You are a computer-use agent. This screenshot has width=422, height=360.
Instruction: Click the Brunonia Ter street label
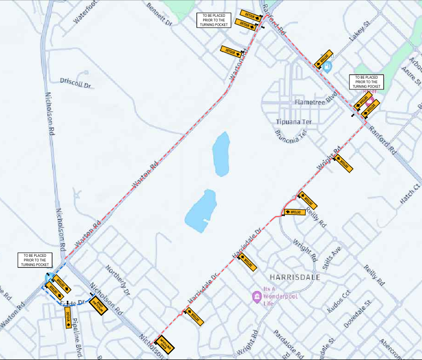pyautogui.click(x=289, y=135)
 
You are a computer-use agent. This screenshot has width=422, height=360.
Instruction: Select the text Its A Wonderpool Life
pyautogui.click(x=280, y=296)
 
